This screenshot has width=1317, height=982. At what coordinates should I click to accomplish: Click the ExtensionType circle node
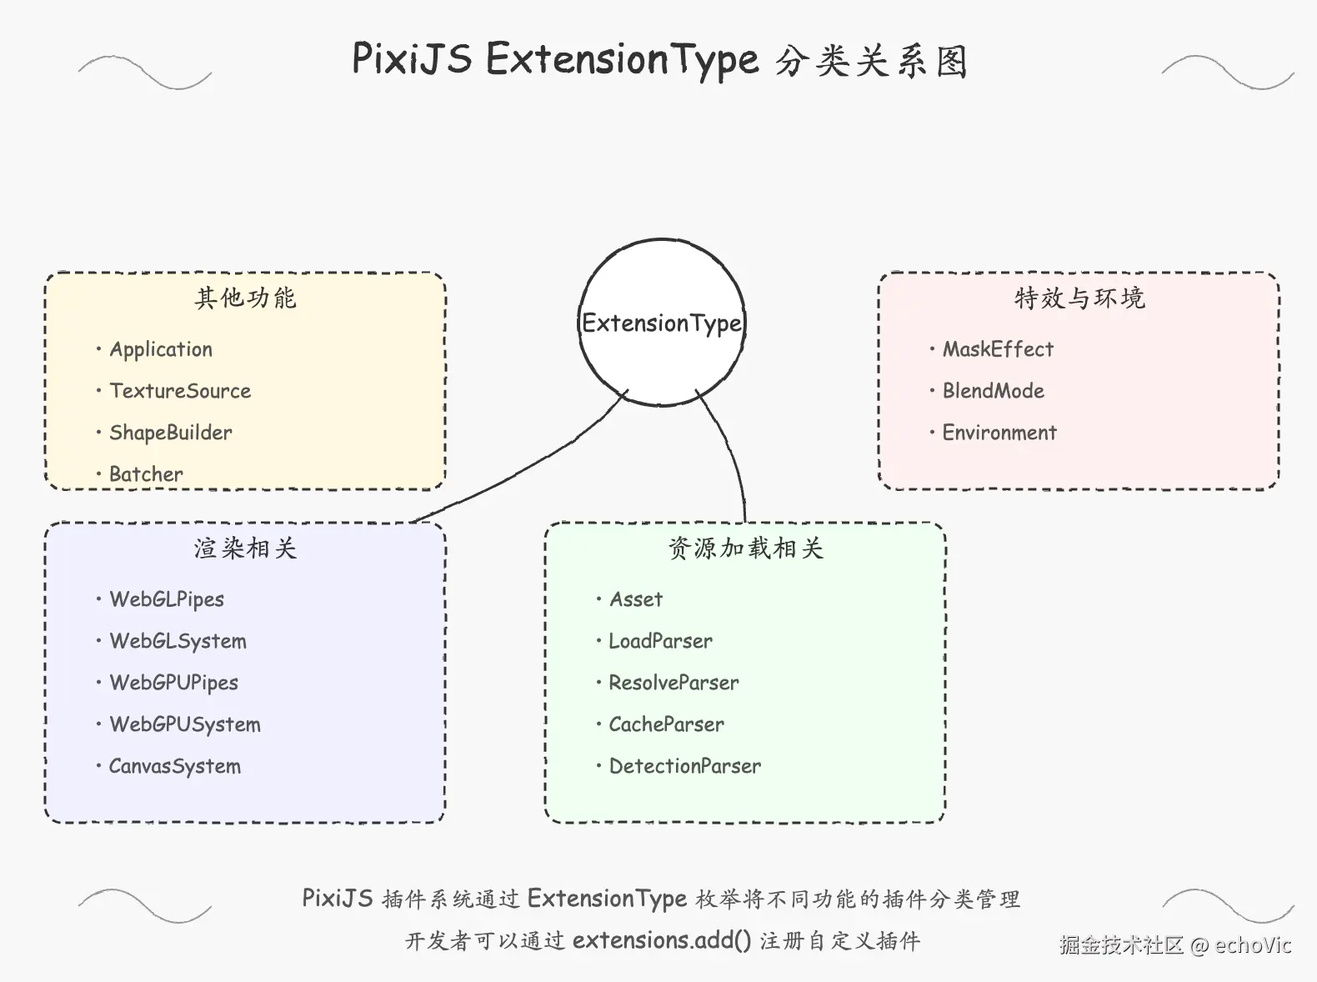pos(662,323)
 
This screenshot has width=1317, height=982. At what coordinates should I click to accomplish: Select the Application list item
pos(161,349)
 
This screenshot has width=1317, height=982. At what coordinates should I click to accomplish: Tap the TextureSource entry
pos(180,391)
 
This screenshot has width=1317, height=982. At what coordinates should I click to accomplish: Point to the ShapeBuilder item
pos(171,433)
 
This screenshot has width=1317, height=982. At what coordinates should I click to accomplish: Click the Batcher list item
pos(146,474)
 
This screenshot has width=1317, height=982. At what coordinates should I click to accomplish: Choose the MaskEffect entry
pos(998,349)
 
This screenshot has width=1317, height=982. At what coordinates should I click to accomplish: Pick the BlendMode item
pos(993,391)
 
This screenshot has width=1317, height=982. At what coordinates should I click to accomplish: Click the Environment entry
pos(999,433)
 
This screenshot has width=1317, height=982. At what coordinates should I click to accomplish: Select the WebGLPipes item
pos(167,599)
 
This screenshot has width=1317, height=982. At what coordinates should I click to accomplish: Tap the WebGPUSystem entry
pos(185,724)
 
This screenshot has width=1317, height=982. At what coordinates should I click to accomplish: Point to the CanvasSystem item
pos(175,766)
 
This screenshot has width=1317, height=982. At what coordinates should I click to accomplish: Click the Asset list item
pos(636,599)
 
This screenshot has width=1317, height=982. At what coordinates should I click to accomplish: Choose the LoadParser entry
pos(660,641)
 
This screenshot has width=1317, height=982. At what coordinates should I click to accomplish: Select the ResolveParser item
pos(674,683)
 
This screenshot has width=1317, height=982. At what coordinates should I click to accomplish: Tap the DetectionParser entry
pos(685,766)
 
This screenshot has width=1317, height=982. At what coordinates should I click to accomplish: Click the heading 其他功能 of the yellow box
pos(245,298)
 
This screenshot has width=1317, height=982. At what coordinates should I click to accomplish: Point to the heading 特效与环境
pos(1079,298)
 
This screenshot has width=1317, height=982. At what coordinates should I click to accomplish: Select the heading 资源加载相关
pos(745,548)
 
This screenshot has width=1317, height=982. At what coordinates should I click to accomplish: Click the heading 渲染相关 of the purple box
pos(245,548)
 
